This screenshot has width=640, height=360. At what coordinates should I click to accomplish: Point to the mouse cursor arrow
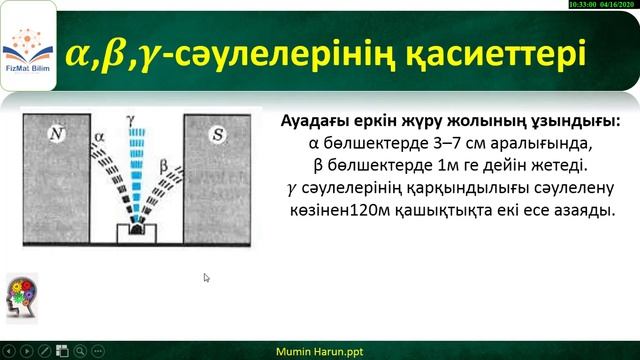point(207,278)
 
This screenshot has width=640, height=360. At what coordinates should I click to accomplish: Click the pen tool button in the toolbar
point(45,352)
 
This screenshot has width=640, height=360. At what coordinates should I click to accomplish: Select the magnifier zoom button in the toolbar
point(77,352)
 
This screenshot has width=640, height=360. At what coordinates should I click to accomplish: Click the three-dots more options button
point(93,352)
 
